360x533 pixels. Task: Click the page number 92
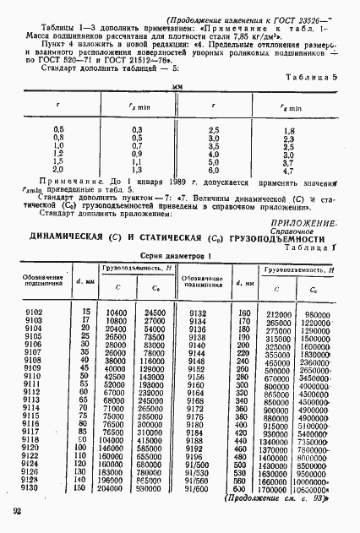[x=17, y=511]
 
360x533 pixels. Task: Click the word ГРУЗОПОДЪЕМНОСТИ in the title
[x=276, y=238]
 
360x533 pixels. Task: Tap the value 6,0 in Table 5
[x=215, y=169]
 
